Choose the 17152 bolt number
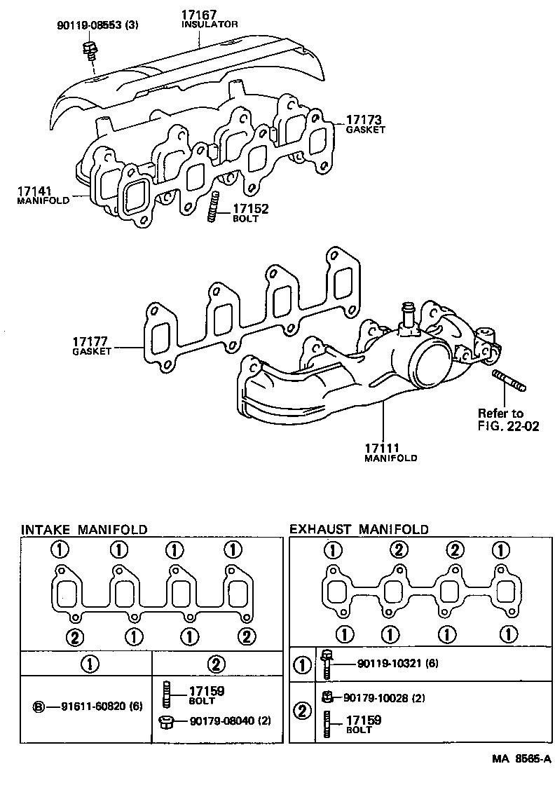click(x=250, y=209)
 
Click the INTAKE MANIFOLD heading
click(x=83, y=529)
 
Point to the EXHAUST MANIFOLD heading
click(x=359, y=529)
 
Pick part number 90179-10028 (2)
click(x=385, y=697)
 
